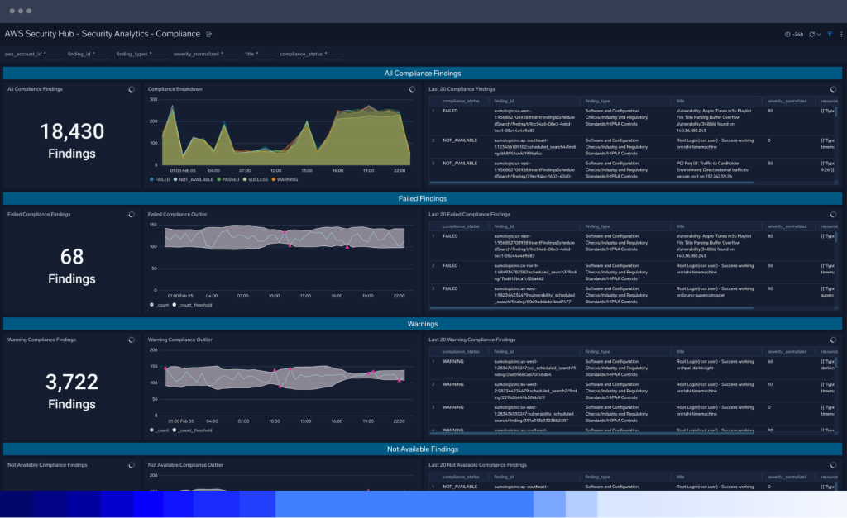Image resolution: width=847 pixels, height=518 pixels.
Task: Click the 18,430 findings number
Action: [x=72, y=131]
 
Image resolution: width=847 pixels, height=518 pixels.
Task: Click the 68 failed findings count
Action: [x=72, y=256]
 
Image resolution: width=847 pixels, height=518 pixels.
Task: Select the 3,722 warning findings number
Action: [x=72, y=382]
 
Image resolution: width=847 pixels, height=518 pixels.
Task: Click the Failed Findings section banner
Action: [x=423, y=198]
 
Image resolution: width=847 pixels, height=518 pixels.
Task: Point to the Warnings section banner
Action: [x=423, y=324]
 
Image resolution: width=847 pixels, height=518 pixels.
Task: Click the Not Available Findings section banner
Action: [x=423, y=449]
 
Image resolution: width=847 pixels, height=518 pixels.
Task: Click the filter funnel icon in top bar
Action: [x=830, y=34]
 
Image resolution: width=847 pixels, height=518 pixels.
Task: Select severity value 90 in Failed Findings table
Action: [x=770, y=289]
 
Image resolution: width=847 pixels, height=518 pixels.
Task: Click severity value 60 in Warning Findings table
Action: [x=770, y=361]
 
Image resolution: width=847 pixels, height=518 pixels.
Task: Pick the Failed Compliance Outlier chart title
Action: [x=177, y=214]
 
